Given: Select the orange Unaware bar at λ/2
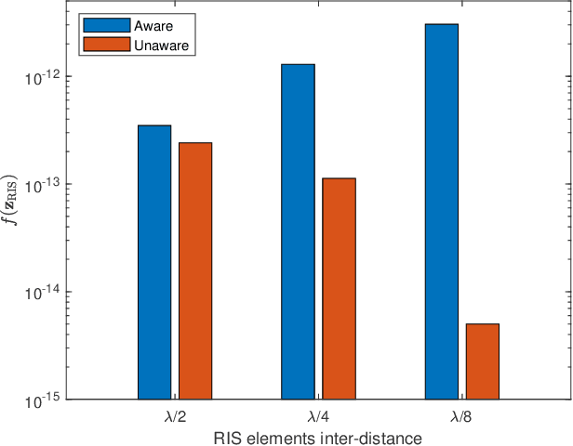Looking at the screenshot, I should coord(195,270).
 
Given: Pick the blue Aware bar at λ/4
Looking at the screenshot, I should coord(298,231).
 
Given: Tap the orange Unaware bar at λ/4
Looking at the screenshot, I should coord(339,288).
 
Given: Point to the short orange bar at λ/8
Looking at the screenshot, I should coord(482,361).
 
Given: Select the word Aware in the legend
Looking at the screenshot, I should coord(140,26).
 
